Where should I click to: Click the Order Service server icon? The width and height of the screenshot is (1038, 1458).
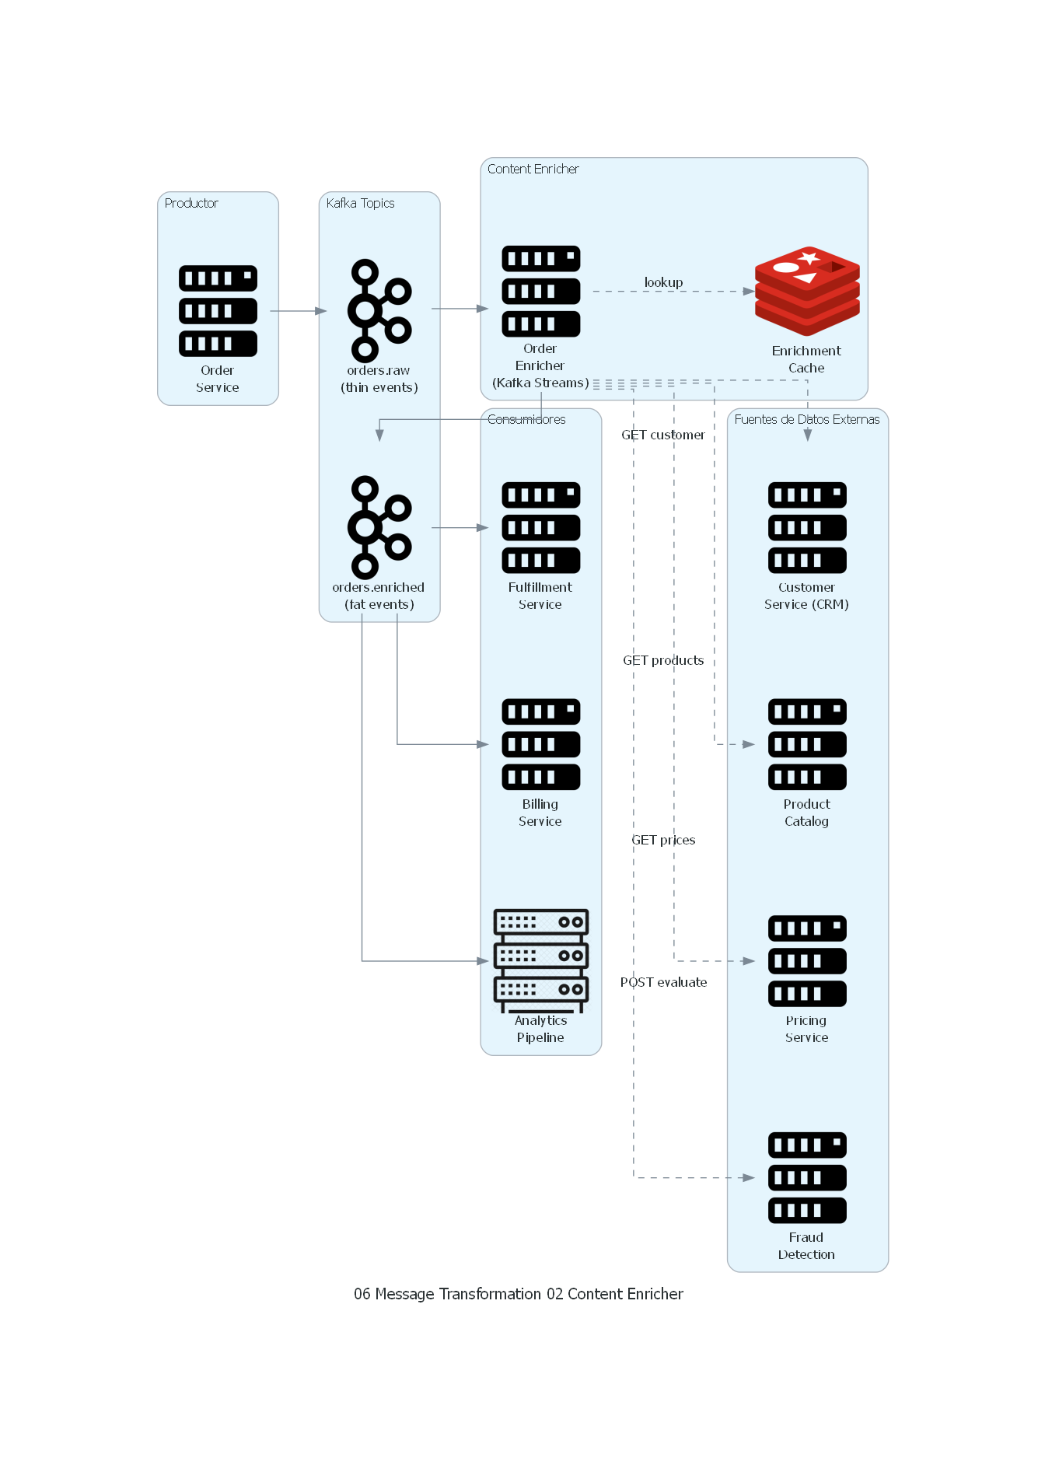(218, 311)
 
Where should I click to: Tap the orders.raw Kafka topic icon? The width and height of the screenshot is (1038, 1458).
(379, 310)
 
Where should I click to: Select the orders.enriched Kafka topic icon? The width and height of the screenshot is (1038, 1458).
(379, 527)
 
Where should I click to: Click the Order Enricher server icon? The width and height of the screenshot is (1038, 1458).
(540, 292)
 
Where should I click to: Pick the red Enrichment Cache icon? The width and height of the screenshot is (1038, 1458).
(807, 292)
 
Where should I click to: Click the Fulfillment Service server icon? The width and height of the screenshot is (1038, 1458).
(540, 527)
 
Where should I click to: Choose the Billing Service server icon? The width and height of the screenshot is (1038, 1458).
(540, 744)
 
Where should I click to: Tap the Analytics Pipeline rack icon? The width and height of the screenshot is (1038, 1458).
(540, 960)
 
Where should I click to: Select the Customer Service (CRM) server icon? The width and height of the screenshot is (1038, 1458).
(807, 527)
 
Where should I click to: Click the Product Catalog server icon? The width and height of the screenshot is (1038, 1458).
(807, 744)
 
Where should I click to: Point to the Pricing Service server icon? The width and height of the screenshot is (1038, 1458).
(807, 960)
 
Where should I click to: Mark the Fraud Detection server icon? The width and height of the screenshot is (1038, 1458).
(807, 1177)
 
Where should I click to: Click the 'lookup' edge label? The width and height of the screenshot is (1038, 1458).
(663, 282)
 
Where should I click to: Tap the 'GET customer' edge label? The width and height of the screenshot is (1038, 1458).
(663, 435)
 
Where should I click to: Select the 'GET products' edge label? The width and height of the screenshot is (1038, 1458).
(663, 660)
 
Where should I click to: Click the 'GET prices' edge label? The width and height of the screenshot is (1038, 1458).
(663, 840)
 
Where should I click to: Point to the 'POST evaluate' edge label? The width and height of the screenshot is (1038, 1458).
(663, 982)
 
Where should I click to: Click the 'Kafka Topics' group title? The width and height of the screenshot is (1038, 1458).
(360, 203)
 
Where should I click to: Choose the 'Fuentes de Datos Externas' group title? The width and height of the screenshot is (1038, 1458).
(807, 419)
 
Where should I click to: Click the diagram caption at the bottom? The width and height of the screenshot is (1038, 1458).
(519, 1294)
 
